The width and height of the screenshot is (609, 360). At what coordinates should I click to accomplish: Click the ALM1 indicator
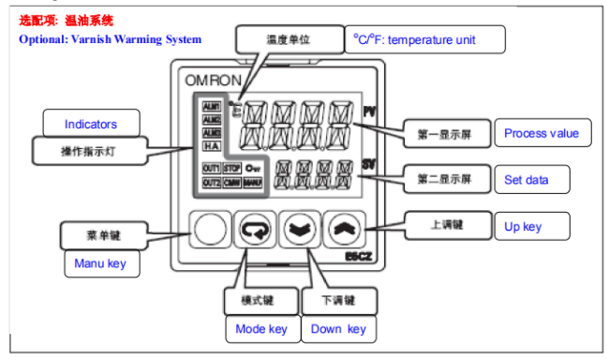click(x=211, y=106)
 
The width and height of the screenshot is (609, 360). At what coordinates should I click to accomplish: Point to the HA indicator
click(x=211, y=146)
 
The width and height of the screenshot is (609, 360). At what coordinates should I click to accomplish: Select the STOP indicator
click(x=232, y=167)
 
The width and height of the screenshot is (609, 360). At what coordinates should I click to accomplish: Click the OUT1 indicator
click(x=211, y=167)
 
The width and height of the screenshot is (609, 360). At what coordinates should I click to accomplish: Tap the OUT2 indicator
click(x=211, y=182)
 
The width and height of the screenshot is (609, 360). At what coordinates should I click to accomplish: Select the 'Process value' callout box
click(x=542, y=133)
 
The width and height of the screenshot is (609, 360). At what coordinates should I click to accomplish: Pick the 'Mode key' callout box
click(x=261, y=329)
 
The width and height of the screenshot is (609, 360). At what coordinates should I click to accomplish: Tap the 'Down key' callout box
click(x=338, y=329)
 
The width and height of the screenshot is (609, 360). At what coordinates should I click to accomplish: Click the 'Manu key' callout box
click(x=100, y=263)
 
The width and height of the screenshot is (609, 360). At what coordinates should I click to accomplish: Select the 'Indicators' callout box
click(x=91, y=124)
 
